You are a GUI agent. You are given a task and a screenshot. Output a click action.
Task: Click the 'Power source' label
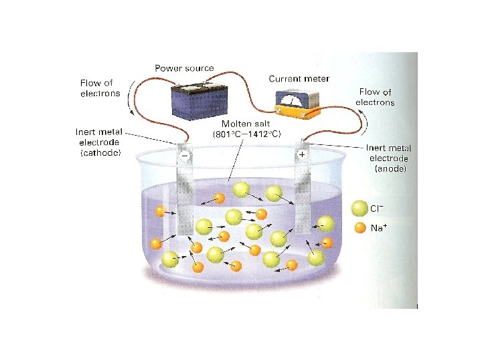click(184, 68)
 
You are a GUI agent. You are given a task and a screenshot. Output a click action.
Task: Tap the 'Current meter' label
click(299, 79)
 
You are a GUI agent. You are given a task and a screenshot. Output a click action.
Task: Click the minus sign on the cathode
click(184, 154)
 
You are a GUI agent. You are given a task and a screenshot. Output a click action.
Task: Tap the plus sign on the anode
click(302, 154)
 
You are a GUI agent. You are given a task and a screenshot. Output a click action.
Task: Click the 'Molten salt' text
click(246, 124)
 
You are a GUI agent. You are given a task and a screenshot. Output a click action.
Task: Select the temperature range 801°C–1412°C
click(246, 134)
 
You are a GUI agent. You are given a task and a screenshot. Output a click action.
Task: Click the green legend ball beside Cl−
click(359, 209)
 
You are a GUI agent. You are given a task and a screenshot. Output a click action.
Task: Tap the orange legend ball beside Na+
click(359, 228)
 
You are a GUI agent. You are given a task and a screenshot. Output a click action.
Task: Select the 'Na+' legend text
click(380, 228)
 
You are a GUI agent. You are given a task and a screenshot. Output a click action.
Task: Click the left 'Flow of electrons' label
click(100, 88)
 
